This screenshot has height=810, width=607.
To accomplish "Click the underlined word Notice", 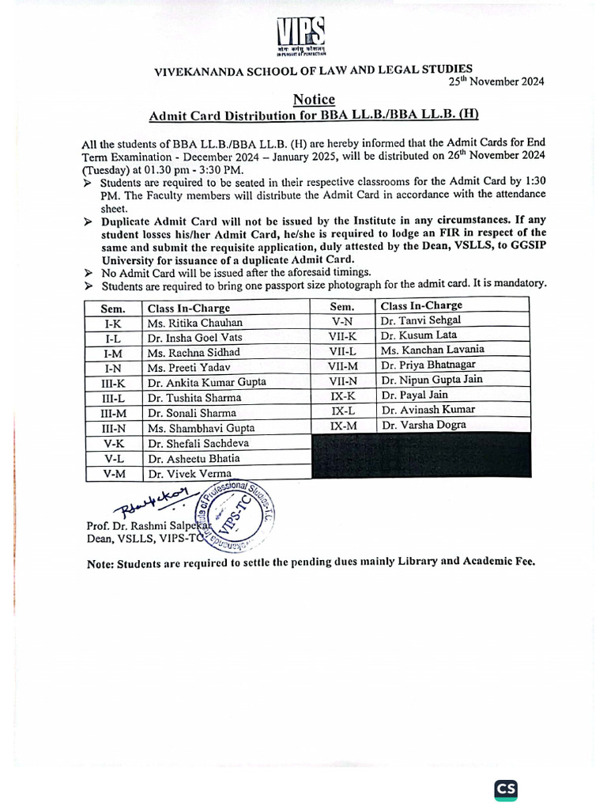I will tap(314, 100).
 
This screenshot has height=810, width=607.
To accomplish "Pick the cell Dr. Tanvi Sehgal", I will tap(420, 320).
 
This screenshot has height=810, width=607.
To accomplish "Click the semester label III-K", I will tap(113, 383).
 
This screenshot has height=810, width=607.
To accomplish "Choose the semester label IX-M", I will tap(342, 426).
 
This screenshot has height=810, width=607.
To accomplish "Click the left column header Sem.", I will tap(113, 308).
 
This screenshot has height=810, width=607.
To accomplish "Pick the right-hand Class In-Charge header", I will tap(421, 305).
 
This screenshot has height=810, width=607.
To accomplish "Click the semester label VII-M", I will tap(343, 365).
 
